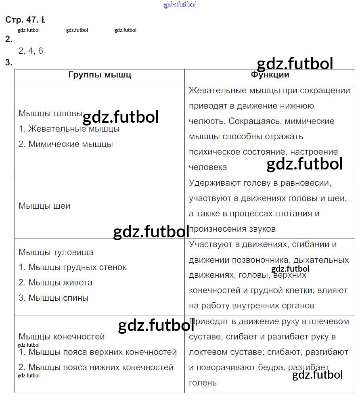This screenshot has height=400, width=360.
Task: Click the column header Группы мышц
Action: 100,75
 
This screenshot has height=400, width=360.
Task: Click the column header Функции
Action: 270,75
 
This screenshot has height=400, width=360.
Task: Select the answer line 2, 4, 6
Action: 31,51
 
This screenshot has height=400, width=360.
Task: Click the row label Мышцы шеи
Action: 44,206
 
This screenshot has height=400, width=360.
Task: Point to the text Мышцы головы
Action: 50,113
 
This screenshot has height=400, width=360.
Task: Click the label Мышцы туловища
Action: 56,252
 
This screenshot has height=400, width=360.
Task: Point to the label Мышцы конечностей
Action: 62,337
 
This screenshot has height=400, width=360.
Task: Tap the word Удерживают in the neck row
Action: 215,183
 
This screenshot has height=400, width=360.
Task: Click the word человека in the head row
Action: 208,167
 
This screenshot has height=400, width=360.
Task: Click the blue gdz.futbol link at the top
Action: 180,4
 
